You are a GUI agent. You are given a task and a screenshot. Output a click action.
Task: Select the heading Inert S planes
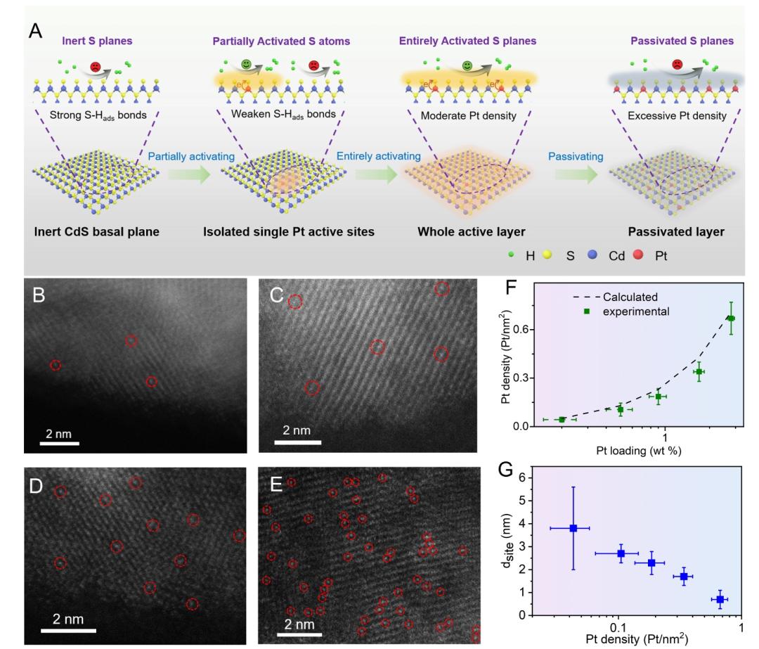(94, 41)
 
